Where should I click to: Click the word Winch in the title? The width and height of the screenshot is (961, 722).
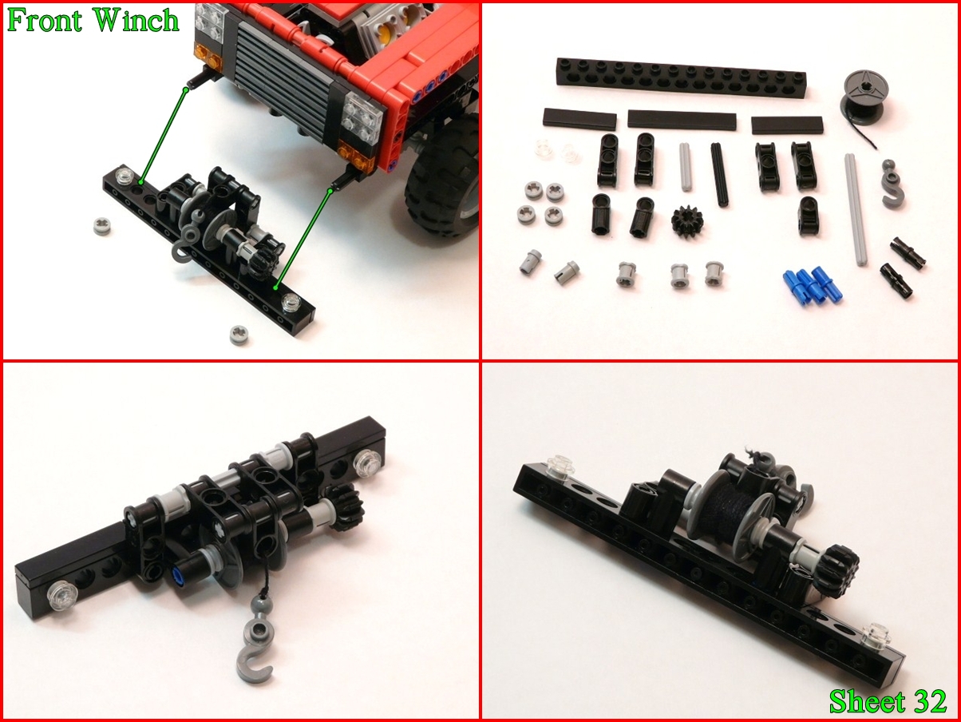click(136, 20)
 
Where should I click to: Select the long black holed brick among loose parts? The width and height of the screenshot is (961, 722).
click(681, 77)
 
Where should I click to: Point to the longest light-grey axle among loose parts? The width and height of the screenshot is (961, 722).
click(856, 209)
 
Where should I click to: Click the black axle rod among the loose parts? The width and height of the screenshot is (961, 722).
click(719, 174)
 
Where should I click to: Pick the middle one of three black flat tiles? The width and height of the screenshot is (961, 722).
click(682, 120)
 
